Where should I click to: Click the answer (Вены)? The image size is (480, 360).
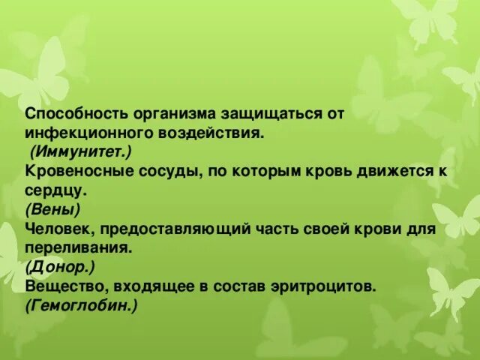coord(52,210)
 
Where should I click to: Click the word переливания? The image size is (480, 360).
coord(79,247)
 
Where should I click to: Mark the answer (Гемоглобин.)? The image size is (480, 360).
coord(81,305)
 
